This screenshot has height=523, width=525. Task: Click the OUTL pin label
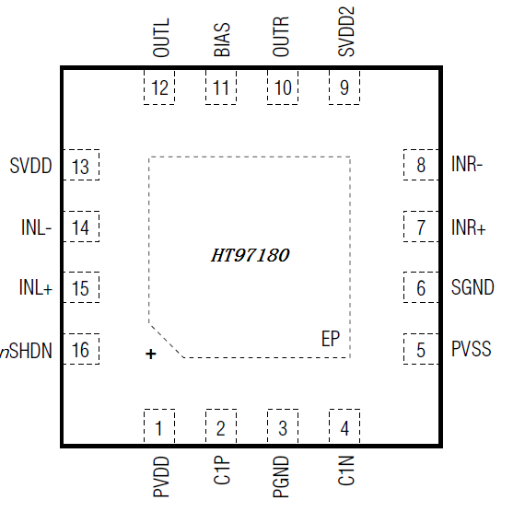point(161,38)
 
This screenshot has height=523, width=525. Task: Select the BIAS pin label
point(222,40)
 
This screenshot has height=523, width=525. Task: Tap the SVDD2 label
point(346,31)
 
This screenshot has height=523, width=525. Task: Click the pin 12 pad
point(159,87)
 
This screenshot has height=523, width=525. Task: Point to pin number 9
point(344,87)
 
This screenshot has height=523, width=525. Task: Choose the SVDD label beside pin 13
point(30,166)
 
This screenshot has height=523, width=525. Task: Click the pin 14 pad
point(81,227)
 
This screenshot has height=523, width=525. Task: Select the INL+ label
point(36,287)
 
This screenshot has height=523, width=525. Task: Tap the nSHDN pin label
point(26,351)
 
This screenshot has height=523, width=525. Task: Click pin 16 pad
point(81,349)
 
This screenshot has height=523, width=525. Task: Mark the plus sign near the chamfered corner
point(151,354)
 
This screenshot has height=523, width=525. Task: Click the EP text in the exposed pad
point(331,339)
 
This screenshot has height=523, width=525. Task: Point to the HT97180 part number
point(251,255)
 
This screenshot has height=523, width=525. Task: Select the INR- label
point(467,164)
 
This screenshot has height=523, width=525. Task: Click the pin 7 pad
point(421,227)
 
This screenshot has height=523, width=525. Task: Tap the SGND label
point(472,287)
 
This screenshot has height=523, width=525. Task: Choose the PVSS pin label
point(472,349)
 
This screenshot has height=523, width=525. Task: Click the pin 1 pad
point(159,426)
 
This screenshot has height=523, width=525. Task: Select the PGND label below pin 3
point(281,477)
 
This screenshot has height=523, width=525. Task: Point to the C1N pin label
point(346,471)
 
